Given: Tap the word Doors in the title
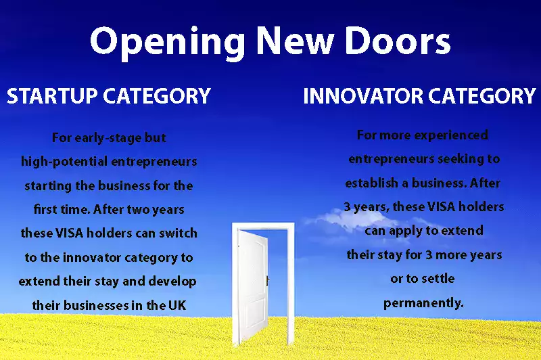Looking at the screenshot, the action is (398, 41).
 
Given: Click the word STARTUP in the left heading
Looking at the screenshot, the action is (52, 96).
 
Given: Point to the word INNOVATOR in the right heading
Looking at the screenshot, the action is (363, 96).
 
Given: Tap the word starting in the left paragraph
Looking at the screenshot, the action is (48, 186).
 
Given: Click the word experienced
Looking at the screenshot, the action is (455, 135).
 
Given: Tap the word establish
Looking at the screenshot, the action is (371, 183).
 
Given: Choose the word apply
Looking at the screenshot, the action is (403, 231).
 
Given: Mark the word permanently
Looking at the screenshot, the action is (423, 303).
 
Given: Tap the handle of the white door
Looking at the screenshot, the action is (267, 280).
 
